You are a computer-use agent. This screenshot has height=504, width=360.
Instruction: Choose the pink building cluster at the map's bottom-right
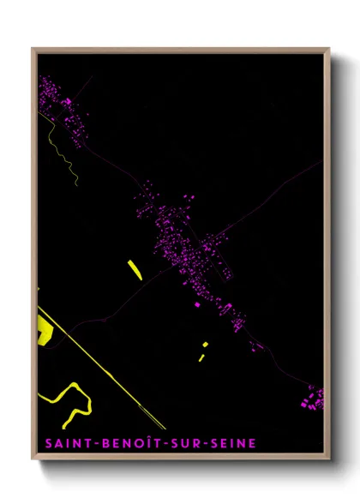click(313, 397)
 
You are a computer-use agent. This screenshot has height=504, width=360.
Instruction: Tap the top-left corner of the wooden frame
click(33, 49)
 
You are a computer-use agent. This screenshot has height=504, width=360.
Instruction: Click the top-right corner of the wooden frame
click(329, 49)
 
